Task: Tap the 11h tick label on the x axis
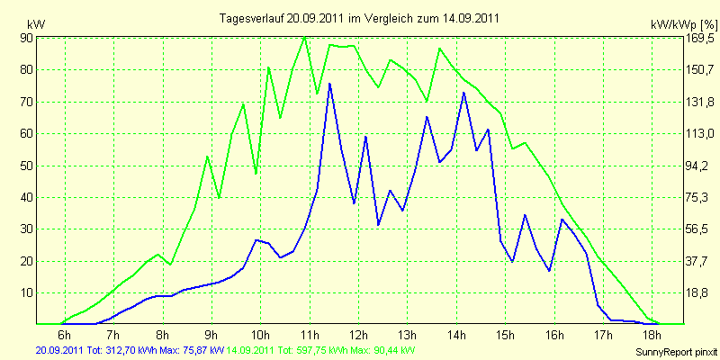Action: pyautogui.click(x=310, y=334)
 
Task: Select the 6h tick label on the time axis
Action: pyautogui.click(x=65, y=334)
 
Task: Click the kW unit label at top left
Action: pyautogui.click(x=36, y=24)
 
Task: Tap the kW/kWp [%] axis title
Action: pyautogui.click(x=683, y=24)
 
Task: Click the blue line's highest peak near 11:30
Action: pyautogui.click(x=329, y=84)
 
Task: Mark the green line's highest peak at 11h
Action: pyautogui.click(x=305, y=37)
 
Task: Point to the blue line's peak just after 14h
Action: pyautogui.click(x=463, y=93)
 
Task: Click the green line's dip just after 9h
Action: pyautogui.click(x=220, y=197)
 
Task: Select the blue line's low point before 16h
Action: pyautogui.click(x=549, y=271)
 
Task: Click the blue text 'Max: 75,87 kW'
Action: pyautogui.click(x=184, y=351)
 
